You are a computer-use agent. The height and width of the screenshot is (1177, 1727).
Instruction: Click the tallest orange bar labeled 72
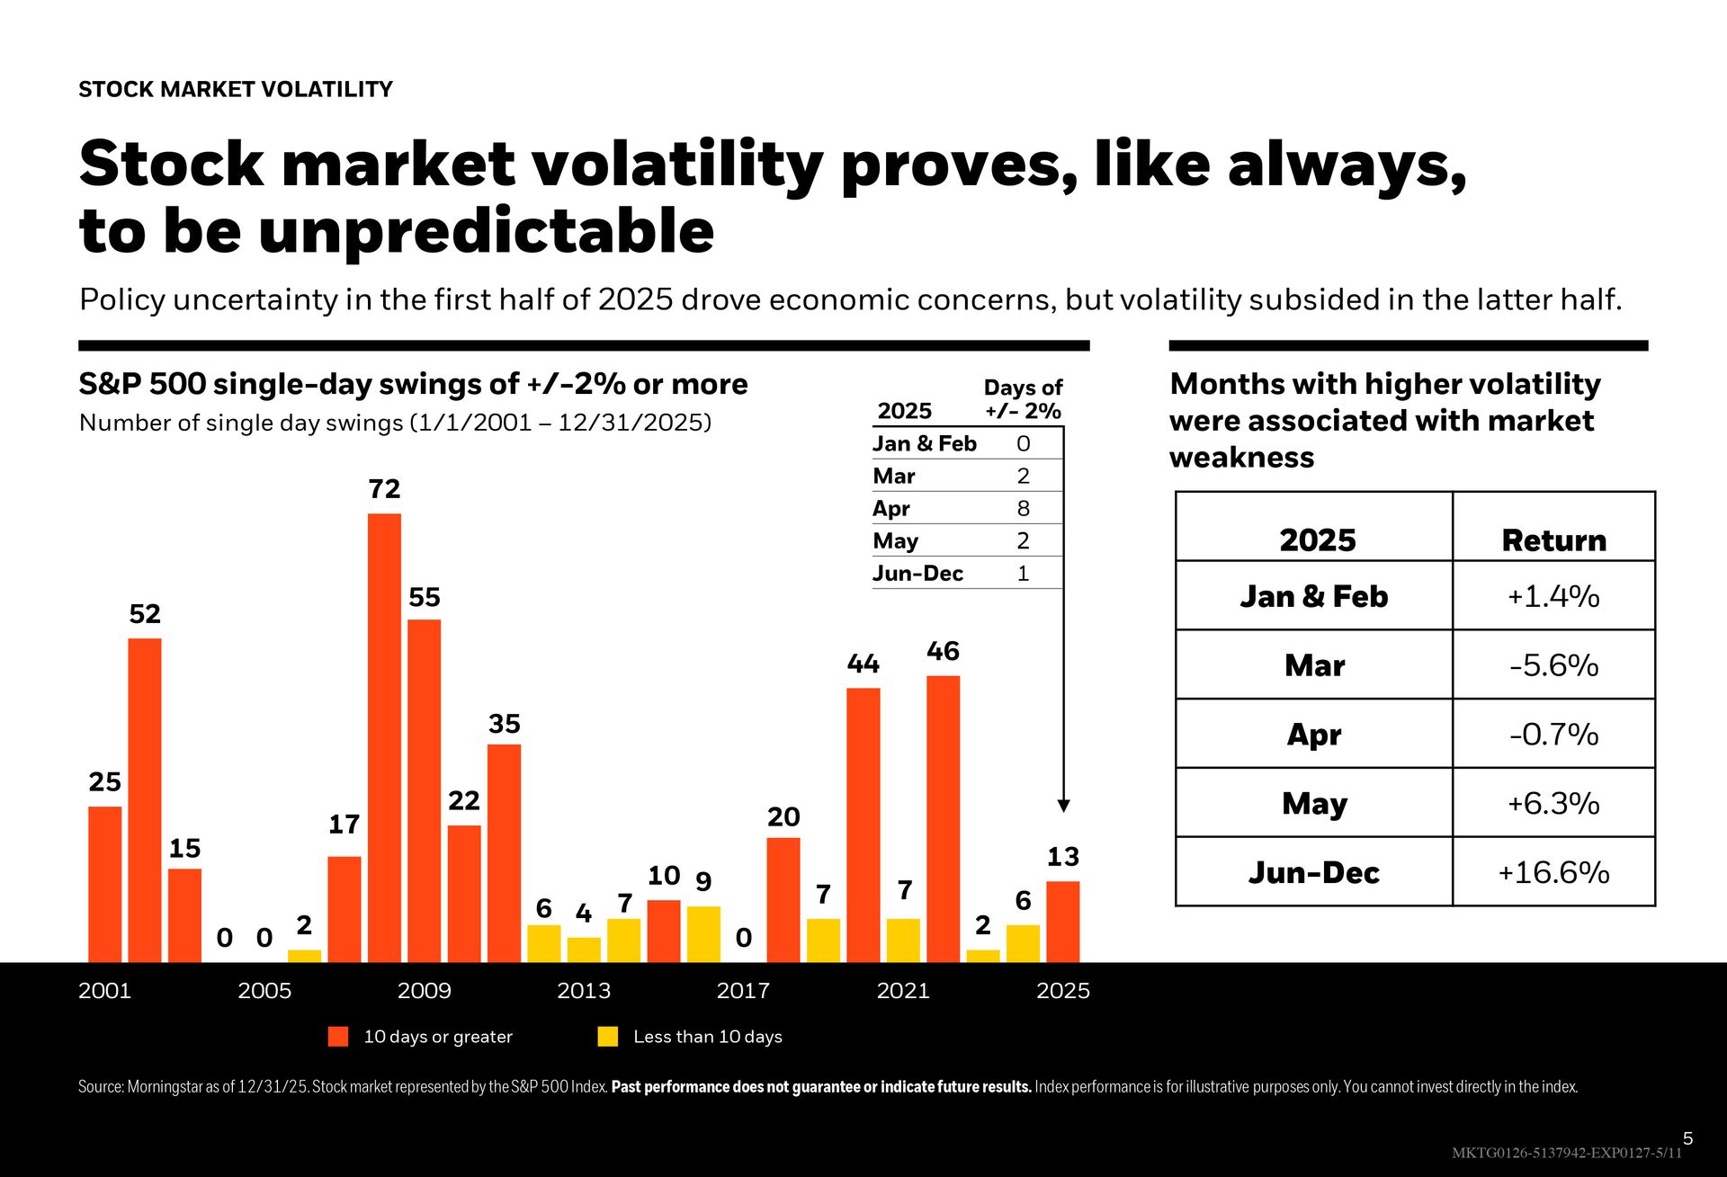384,737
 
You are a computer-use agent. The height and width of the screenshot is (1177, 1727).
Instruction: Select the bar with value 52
145,800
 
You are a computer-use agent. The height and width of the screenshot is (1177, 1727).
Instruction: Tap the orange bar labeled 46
943,818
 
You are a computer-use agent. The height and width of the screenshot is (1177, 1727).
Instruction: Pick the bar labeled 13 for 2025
1062,922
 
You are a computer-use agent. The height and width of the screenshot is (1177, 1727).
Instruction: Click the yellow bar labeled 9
703,934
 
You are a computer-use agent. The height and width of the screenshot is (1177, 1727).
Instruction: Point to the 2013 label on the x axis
583,991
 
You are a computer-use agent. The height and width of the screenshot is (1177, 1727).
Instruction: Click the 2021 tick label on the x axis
902,991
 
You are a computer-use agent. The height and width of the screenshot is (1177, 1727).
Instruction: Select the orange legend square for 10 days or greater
338,1037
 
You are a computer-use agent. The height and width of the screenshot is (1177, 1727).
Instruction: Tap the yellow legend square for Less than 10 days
608,1037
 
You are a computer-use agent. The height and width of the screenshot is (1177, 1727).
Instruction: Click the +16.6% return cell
1553,872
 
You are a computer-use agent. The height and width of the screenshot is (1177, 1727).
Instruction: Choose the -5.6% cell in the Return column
1553,665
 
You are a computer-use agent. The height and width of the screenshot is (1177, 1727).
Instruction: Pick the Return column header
1553,540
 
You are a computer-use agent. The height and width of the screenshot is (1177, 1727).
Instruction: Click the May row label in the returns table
1314,803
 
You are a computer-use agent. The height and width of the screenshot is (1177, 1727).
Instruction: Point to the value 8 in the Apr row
1023,509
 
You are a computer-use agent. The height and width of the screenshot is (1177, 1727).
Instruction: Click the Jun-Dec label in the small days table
917,574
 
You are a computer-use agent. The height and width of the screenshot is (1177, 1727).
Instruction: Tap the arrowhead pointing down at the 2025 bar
1063,806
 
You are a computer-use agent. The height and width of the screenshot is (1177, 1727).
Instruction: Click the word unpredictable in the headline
486,232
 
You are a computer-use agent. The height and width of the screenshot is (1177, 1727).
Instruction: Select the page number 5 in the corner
1687,1138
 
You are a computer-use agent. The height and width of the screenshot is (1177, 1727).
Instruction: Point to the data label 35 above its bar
504,724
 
